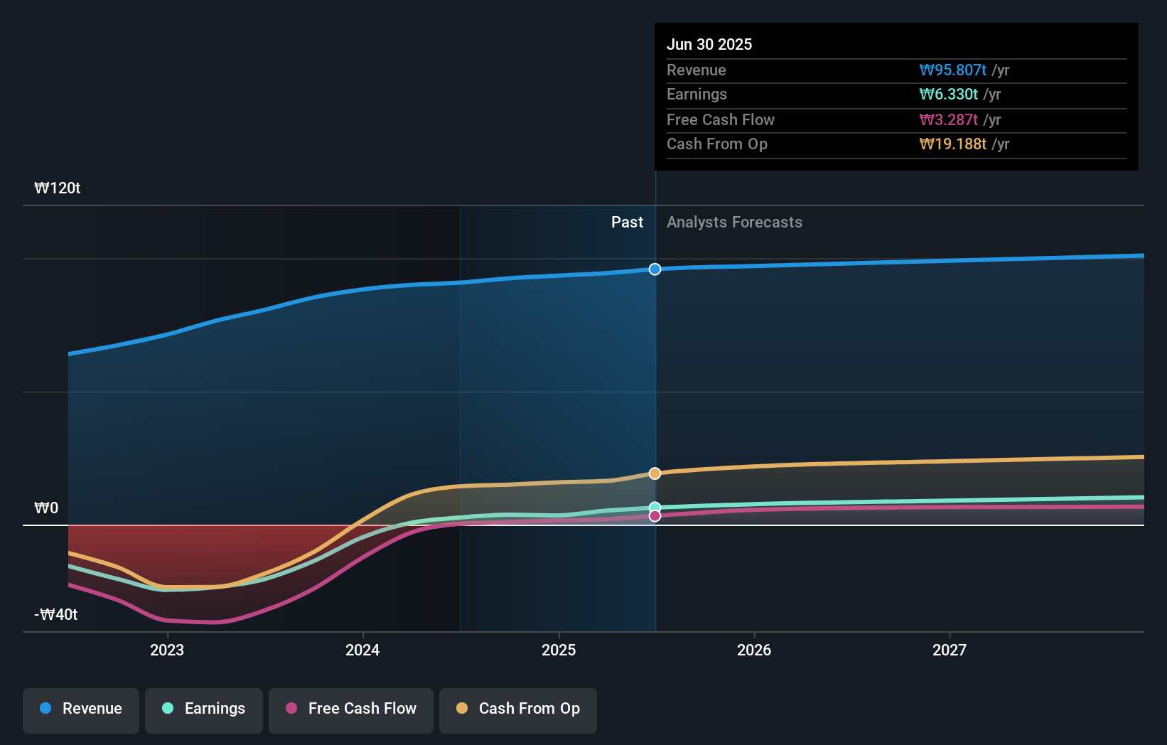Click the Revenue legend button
[81, 709]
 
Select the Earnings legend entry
[204, 709]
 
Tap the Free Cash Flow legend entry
[351, 709]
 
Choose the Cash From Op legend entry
[518, 709]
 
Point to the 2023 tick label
[167, 650]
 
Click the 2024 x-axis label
[362, 650]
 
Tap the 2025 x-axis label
[559, 650]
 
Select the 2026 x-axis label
[754, 650]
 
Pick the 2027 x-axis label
[950, 650]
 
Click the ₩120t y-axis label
[58, 188]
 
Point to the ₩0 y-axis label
[46, 508]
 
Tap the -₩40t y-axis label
[56, 615]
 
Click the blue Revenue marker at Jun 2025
[655, 269]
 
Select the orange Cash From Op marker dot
[655, 473]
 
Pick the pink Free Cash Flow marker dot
[655, 516]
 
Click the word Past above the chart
[627, 223]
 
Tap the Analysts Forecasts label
[734, 223]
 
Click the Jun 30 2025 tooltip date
[709, 45]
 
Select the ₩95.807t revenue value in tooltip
[952, 70]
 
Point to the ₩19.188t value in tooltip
[952, 144]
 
